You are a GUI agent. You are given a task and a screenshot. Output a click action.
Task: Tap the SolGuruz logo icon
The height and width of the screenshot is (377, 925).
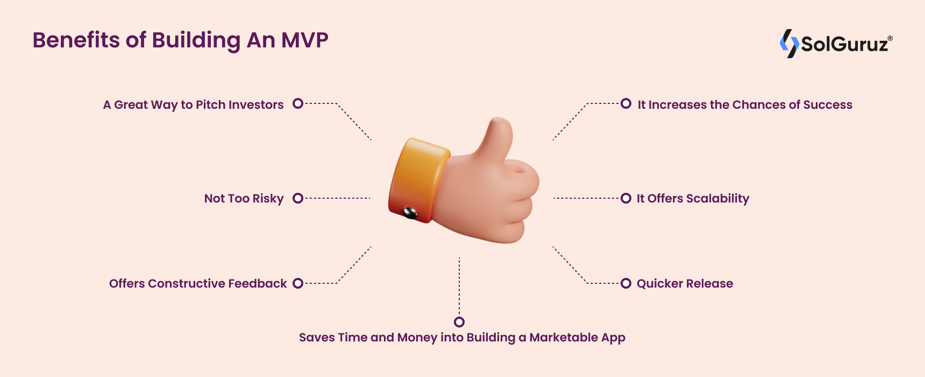789,44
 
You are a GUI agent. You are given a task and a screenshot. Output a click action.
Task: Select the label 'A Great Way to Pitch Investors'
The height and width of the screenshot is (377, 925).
193,105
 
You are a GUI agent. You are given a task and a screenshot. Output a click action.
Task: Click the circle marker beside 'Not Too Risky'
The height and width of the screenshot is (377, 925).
298,198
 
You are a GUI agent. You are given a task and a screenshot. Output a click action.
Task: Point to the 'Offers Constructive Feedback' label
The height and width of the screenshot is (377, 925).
198,283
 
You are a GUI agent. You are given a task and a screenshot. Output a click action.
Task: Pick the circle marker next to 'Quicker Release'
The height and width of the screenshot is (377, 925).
626,283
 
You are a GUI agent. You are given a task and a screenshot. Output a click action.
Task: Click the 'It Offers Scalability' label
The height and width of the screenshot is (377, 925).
693,199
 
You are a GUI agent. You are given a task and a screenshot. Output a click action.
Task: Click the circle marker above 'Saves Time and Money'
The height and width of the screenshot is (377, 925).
459,322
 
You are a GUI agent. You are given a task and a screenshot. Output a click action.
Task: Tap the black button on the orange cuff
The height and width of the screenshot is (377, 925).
410,213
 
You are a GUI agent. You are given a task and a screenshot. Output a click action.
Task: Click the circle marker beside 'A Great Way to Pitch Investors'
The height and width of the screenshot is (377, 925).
298,103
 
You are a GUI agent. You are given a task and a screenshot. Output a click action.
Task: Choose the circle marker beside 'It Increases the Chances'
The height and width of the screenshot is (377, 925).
626,103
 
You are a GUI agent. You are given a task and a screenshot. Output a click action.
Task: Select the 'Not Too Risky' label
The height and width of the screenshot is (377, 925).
244,199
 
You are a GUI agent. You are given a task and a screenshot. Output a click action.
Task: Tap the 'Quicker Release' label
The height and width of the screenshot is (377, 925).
685,283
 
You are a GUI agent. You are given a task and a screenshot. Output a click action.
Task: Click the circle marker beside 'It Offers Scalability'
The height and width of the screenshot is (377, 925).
626,198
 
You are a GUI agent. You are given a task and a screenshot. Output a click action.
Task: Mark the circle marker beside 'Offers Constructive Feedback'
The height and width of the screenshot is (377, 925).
298,283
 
